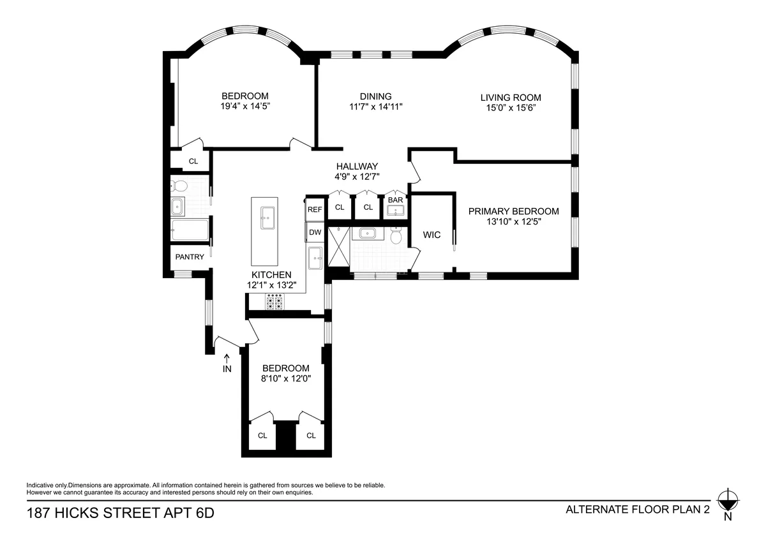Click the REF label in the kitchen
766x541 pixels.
click(x=315, y=209)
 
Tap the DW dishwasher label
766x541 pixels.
click(x=315, y=232)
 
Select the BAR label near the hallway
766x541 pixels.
click(x=396, y=200)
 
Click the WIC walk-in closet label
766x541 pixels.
click(x=432, y=235)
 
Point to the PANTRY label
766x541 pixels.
click(x=190, y=257)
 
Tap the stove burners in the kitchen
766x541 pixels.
click(x=274, y=302)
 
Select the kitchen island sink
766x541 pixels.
click(x=267, y=218)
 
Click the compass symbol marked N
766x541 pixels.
click(x=727, y=500)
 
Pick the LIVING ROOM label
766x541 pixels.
click(x=511, y=98)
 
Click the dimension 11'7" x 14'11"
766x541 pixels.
click(x=376, y=107)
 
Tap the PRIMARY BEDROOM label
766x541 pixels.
click(x=513, y=211)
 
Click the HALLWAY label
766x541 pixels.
click(x=357, y=166)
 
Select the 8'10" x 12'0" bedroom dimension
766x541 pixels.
click(x=286, y=379)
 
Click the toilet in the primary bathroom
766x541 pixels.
click(x=396, y=236)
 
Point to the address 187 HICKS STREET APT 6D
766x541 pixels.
click(x=120, y=513)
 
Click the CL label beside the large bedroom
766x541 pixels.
click(x=193, y=161)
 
